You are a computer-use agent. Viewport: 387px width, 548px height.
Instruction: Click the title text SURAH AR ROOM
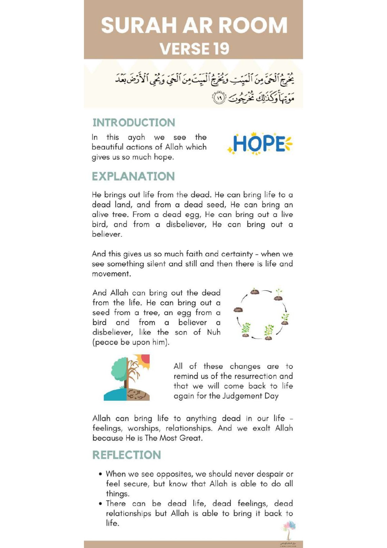[x=194, y=26]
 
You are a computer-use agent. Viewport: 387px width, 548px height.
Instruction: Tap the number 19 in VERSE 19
[x=221, y=49]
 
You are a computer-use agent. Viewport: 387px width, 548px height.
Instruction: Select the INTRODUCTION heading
[x=134, y=123]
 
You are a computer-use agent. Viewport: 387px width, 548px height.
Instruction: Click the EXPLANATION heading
[x=133, y=176]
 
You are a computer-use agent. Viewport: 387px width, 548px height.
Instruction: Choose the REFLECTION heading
[x=126, y=455]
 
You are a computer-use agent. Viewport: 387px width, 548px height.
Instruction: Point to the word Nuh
[x=214, y=332]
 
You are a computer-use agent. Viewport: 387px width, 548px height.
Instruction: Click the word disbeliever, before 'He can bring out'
[x=186, y=225]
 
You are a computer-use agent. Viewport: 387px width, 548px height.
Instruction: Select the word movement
[x=111, y=274]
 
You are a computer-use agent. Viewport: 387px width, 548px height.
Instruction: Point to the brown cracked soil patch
[x=138, y=394]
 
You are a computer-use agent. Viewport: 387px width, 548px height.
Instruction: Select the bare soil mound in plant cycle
[x=238, y=310]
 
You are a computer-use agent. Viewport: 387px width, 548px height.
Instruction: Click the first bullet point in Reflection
[x=100, y=474]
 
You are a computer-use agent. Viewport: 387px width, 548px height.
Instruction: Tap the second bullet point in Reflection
[x=100, y=504]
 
